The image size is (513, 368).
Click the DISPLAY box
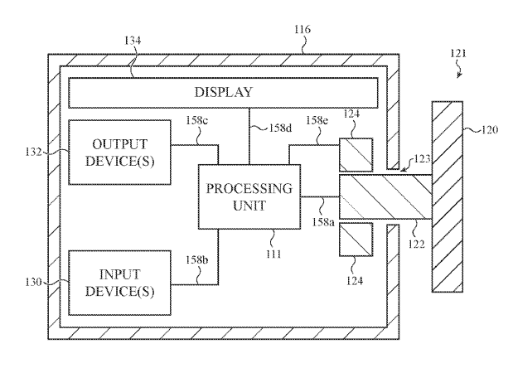223,92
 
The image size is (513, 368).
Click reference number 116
300,30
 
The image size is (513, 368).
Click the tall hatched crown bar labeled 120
446,196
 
